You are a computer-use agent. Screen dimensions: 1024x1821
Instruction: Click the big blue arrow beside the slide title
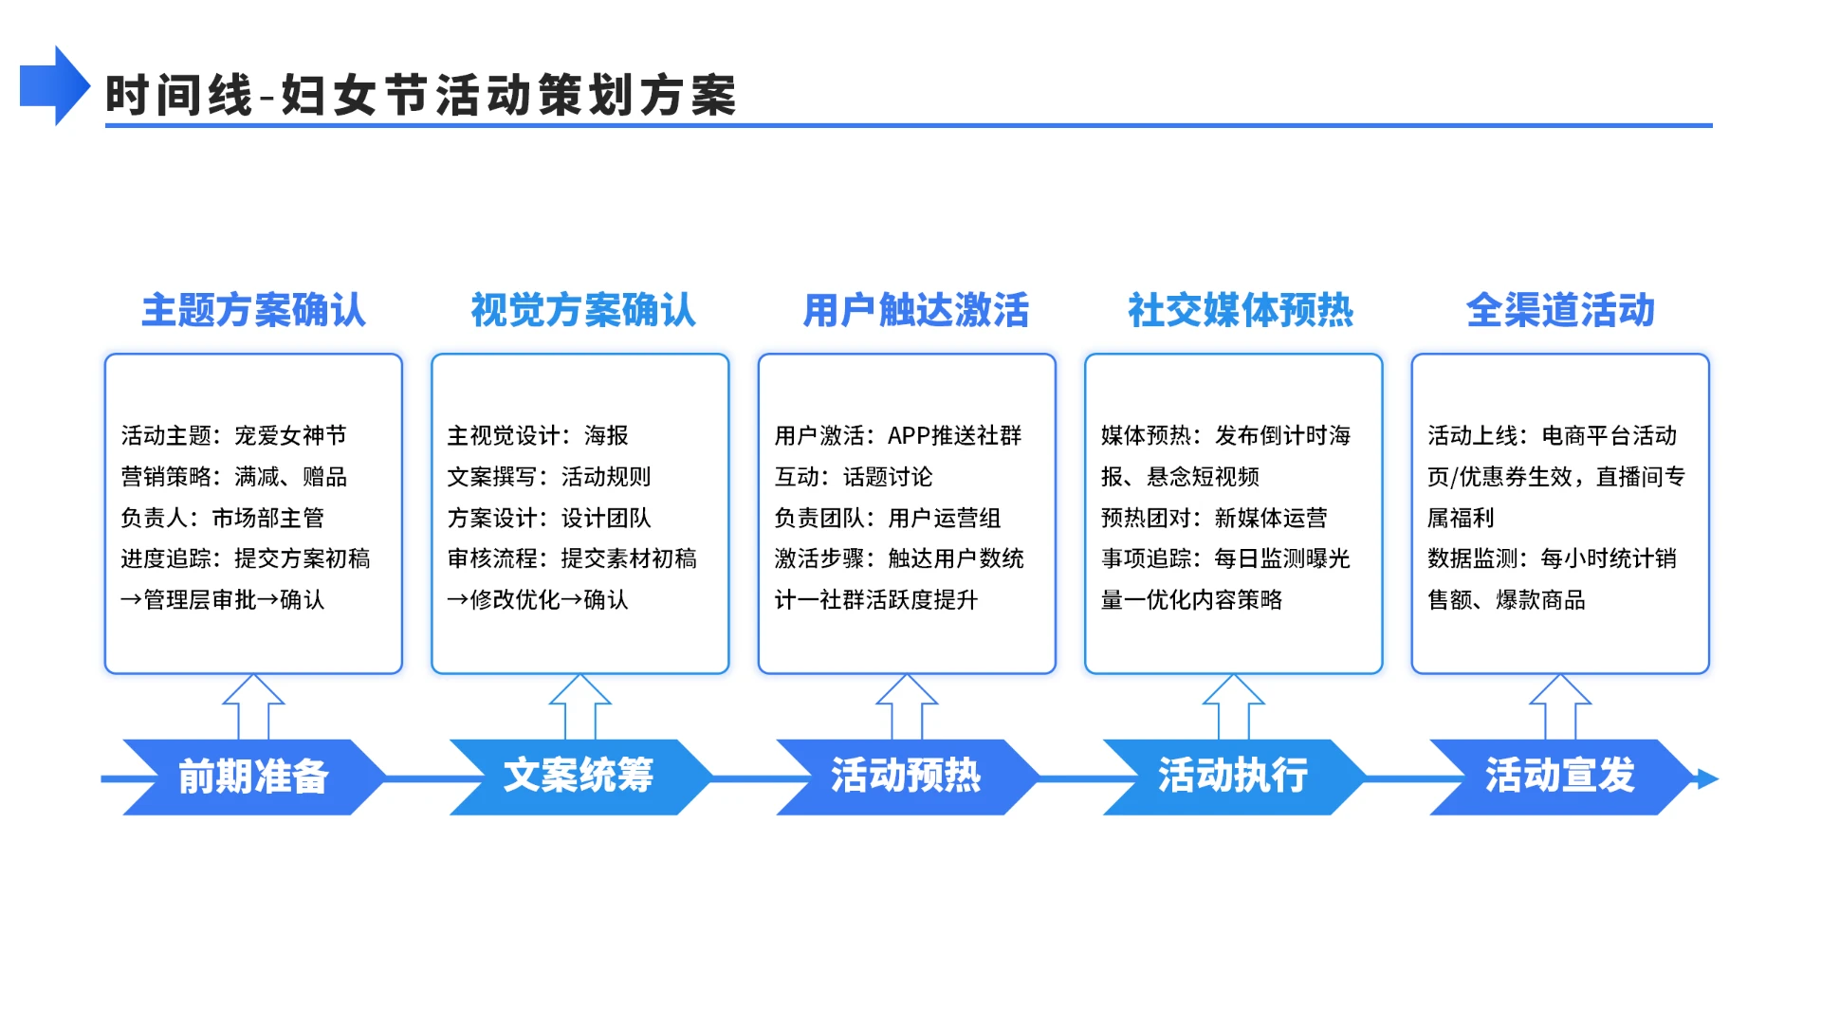click(x=54, y=86)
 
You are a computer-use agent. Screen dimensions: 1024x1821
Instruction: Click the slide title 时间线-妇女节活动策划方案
click(x=420, y=96)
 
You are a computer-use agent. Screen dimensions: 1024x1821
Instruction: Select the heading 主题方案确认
click(x=253, y=310)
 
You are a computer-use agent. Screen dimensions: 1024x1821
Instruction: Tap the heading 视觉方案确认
click(x=582, y=310)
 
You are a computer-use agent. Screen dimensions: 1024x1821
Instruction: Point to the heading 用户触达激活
click(x=915, y=310)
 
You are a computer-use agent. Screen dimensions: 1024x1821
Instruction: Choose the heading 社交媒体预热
click(x=1240, y=310)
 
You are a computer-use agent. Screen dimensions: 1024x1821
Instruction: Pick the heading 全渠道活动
click(x=1560, y=310)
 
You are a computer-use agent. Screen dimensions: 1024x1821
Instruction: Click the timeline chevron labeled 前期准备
click(x=253, y=777)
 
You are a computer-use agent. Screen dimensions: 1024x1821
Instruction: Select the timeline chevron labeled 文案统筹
click(x=579, y=777)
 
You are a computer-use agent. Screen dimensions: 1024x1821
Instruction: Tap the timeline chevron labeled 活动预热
click(x=906, y=777)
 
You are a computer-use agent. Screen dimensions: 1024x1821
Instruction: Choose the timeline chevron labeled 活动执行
click(x=1232, y=777)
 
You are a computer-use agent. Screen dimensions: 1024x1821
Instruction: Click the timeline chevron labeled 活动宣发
click(x=1560, y=777)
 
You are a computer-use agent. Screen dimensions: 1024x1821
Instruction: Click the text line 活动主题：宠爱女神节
click(x=233, y=435)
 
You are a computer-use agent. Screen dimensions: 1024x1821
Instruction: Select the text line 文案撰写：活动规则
click(x=549, y=476)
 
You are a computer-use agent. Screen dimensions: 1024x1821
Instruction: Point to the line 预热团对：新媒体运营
click(x=1213, y=518)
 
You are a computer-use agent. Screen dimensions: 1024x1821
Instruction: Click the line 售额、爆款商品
click(x=1506, y=599)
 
